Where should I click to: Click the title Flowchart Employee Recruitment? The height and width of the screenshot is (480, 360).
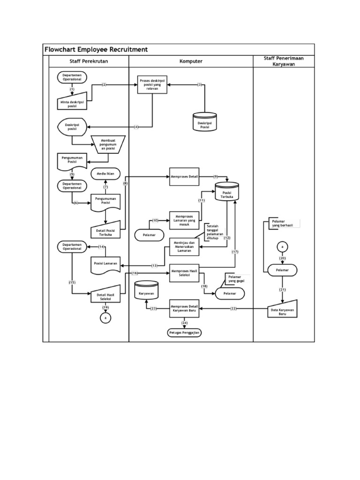(96, 49)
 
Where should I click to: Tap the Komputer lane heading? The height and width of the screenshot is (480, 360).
(191, 61)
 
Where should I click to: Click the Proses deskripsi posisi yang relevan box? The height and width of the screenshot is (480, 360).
(152, 85)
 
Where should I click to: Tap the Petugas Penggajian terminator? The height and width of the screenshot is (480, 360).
(184, 332)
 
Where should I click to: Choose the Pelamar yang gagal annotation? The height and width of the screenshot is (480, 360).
(237, 279)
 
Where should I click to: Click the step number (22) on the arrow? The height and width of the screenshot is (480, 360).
(234, 308)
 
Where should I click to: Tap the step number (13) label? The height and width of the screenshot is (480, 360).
(155, 266)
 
